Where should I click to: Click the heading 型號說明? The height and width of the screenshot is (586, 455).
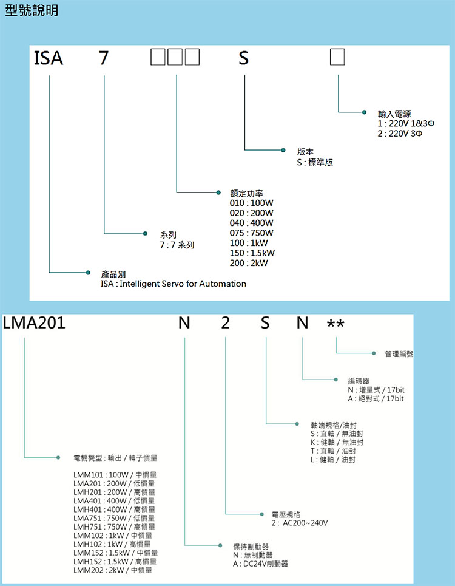[x=32, y=11]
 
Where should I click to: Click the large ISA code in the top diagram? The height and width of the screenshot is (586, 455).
[x=49, y=58]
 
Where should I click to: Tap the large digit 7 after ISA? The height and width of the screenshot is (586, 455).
[x=104, y=58]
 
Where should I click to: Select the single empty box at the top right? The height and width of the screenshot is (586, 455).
[x=337, y=58]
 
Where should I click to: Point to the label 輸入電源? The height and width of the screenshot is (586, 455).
[x=394, y=114]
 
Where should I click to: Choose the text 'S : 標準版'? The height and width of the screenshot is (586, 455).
[x=315, y=163]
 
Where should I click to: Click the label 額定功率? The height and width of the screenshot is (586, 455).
[x=242, y=193]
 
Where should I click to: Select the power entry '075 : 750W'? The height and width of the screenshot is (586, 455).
[x=252, y=233]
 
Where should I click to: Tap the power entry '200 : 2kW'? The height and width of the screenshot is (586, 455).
[x=249, y=263]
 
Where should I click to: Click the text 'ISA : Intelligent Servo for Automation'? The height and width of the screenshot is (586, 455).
[x=174, y=284]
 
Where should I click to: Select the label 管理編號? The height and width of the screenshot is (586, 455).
[x=399, y=353]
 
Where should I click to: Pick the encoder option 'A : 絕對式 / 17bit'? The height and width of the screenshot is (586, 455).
[x=376, y=398]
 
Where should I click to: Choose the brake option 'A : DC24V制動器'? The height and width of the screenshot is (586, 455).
[x=260, y=564]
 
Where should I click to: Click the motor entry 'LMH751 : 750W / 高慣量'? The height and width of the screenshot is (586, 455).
[x=114, y=526]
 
